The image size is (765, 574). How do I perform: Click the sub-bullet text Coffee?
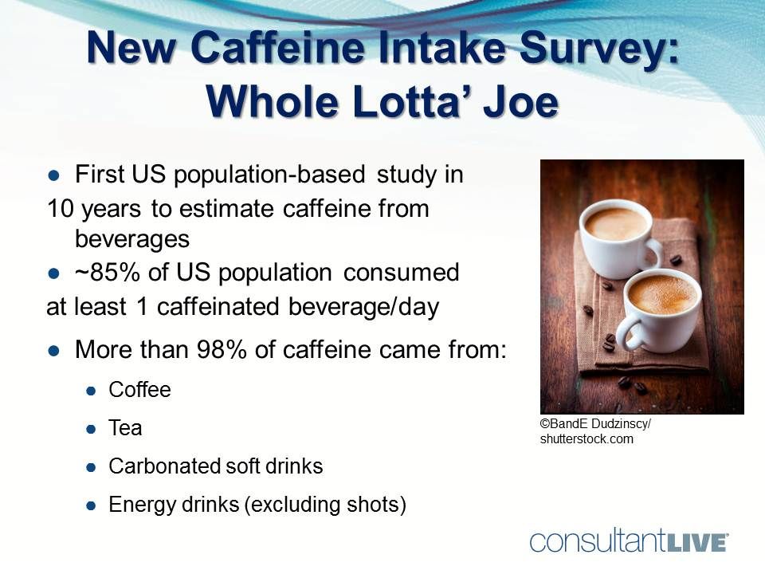pos(139,390)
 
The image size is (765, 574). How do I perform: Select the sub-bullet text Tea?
pos(125,428)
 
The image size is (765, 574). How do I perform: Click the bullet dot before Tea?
pos(92,429)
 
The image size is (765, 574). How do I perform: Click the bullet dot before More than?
pos(54,351)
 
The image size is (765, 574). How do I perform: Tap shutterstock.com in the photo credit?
pos(586,438)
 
